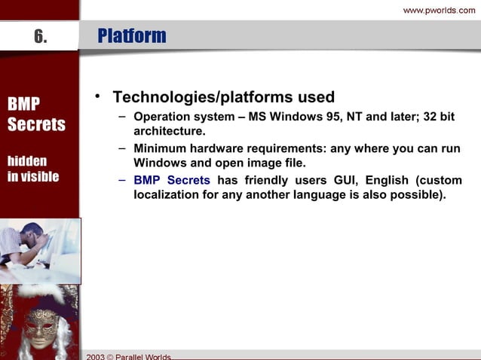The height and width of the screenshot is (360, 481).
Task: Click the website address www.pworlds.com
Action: (440, 10)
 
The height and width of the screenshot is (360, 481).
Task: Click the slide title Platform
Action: (132, 36)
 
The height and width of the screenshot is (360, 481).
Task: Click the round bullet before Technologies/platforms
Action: (97, 97)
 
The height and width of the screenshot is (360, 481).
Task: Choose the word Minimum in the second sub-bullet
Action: (159, 148)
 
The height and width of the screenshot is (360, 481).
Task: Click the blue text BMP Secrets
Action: (171, 181)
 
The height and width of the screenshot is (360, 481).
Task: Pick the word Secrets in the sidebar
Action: (36, 124)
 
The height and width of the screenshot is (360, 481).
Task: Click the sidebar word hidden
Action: (27, 161)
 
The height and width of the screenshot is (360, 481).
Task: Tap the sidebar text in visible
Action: (33, 177)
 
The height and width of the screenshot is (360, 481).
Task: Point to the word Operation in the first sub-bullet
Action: (161, 118)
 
